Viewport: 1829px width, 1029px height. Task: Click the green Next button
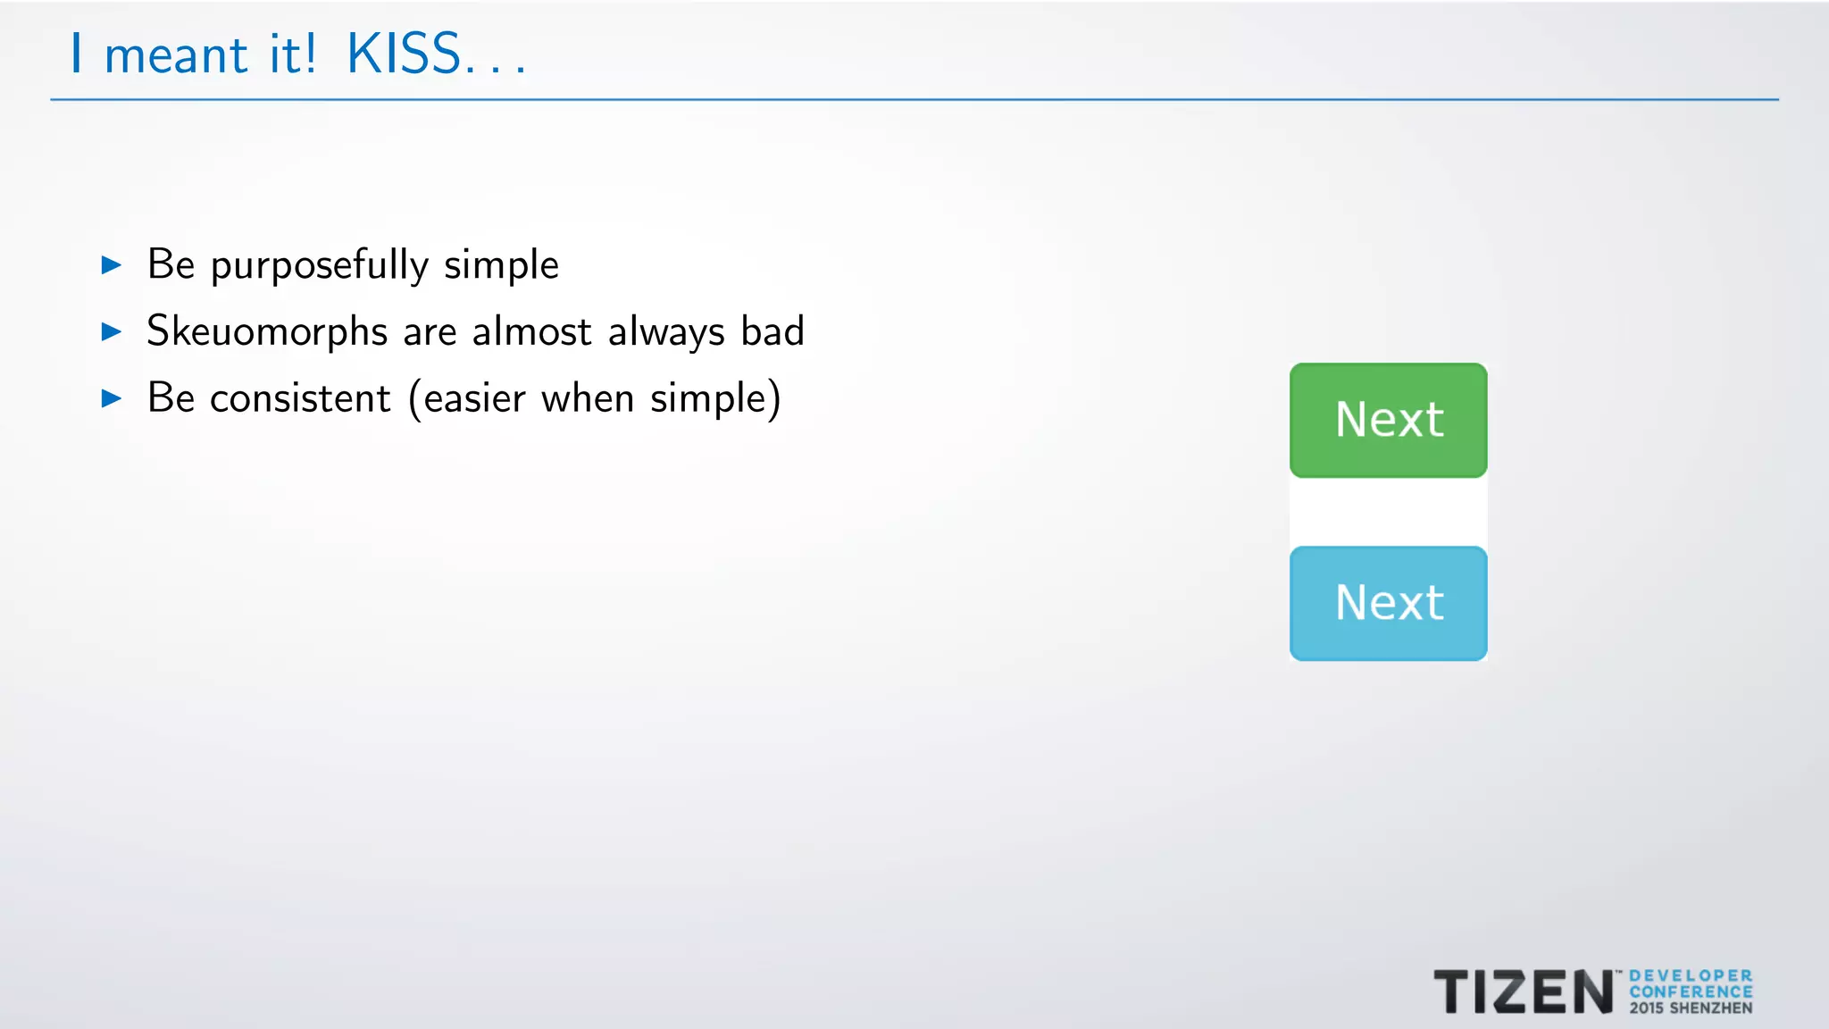click(1388, 420)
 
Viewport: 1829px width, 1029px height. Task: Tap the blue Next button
click(1388, 603)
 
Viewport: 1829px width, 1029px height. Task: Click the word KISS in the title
click(404, 54)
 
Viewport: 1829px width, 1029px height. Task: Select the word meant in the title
click(176, 56)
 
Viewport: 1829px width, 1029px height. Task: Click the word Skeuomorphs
click(267, 332)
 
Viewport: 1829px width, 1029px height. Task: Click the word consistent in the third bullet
click(300, 398)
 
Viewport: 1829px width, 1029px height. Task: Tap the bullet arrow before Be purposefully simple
click(112, 265)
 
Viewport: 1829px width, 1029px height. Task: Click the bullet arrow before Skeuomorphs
click(112, 332)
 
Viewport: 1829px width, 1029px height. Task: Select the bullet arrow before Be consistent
click(112, 398)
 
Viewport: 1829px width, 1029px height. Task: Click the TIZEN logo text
click(1524, 992)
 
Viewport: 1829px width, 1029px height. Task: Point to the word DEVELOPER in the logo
click(1691, 976)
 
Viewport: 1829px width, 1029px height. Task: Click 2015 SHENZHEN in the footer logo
click(1691, 1008)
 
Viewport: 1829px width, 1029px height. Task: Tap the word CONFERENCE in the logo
click(1691, 992)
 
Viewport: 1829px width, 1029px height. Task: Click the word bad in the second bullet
click(773, 331)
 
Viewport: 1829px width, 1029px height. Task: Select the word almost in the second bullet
click(531, 331)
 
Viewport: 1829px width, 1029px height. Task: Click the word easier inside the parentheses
click(474, 398)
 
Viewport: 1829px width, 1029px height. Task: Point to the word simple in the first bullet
click(501, 266)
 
